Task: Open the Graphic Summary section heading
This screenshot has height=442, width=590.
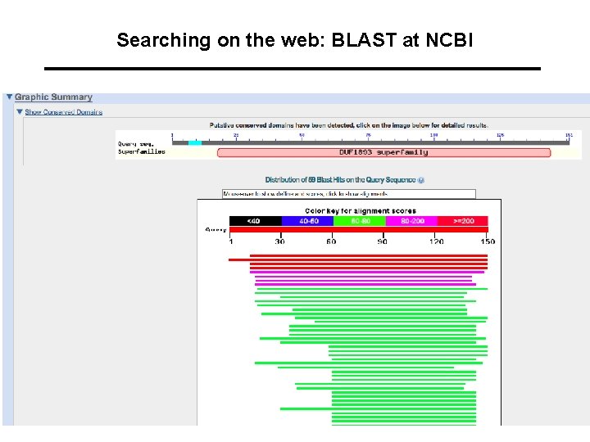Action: (x=53, y=97)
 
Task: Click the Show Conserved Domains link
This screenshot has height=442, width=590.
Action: (x=63, y=112)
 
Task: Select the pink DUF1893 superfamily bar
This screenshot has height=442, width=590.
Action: (x=383, y=152)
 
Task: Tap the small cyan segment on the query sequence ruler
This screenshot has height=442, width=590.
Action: (x=194, y=142)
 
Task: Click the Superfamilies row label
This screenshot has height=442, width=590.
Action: (x=141, y=151)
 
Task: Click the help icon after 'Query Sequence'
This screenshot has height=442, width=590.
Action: (x=421, y=180)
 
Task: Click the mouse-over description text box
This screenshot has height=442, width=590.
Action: (x=349, y=194)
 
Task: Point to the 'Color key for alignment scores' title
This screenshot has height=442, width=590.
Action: (x=361, y=211)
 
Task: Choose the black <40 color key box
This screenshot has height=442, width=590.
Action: (x=255, y=221)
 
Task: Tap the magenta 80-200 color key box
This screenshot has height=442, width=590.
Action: (x=411, y=221)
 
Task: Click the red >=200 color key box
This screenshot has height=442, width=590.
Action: (x=462, y=221)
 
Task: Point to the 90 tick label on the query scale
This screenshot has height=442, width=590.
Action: (x=382, y=241)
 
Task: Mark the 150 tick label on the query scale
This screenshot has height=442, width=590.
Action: (x=488, y=241)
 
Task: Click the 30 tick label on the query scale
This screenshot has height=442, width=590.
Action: (x=280, y=241)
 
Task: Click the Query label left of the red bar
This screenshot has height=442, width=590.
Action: (x=216, y=230)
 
